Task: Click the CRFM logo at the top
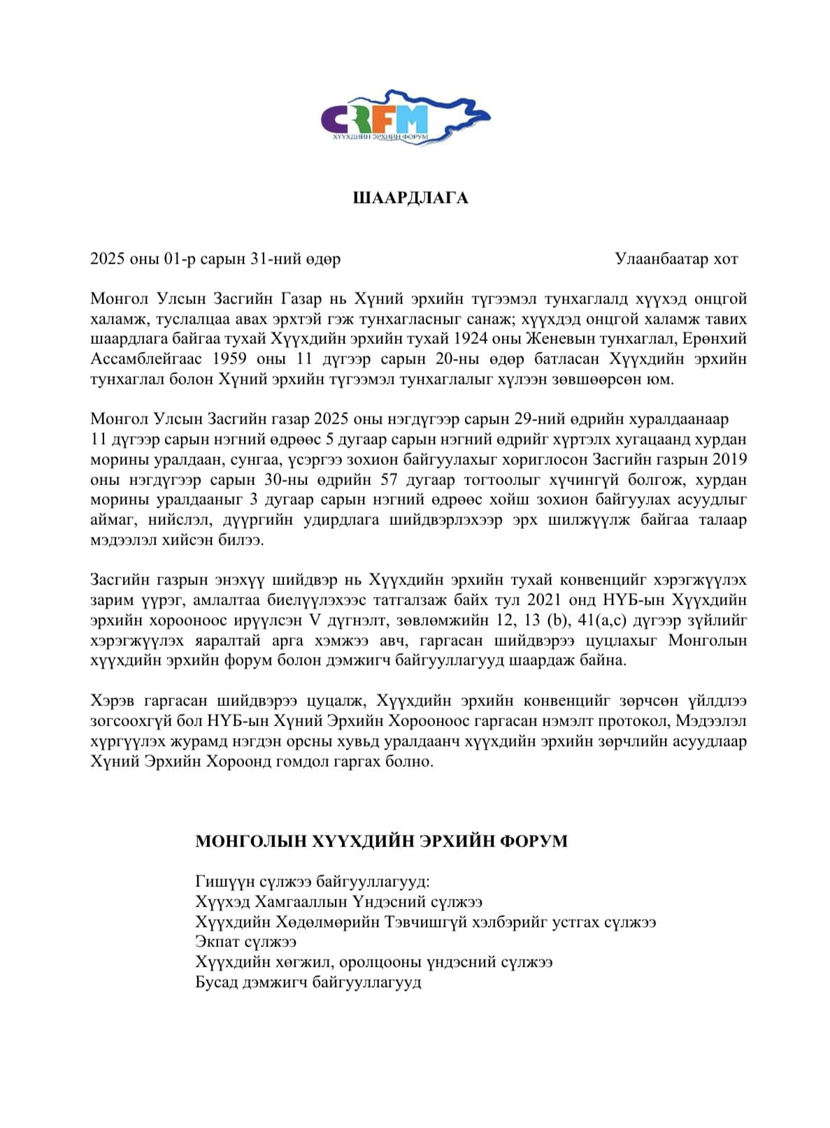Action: point(406,117)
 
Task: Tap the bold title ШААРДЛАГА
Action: point(410,198)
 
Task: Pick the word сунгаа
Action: point(247,460)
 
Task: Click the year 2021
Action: point(545,600)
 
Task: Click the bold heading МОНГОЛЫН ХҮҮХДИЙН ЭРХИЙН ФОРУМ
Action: point(381,841)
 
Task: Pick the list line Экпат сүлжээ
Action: point(246,942)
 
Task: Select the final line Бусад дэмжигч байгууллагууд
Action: point(308,983)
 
